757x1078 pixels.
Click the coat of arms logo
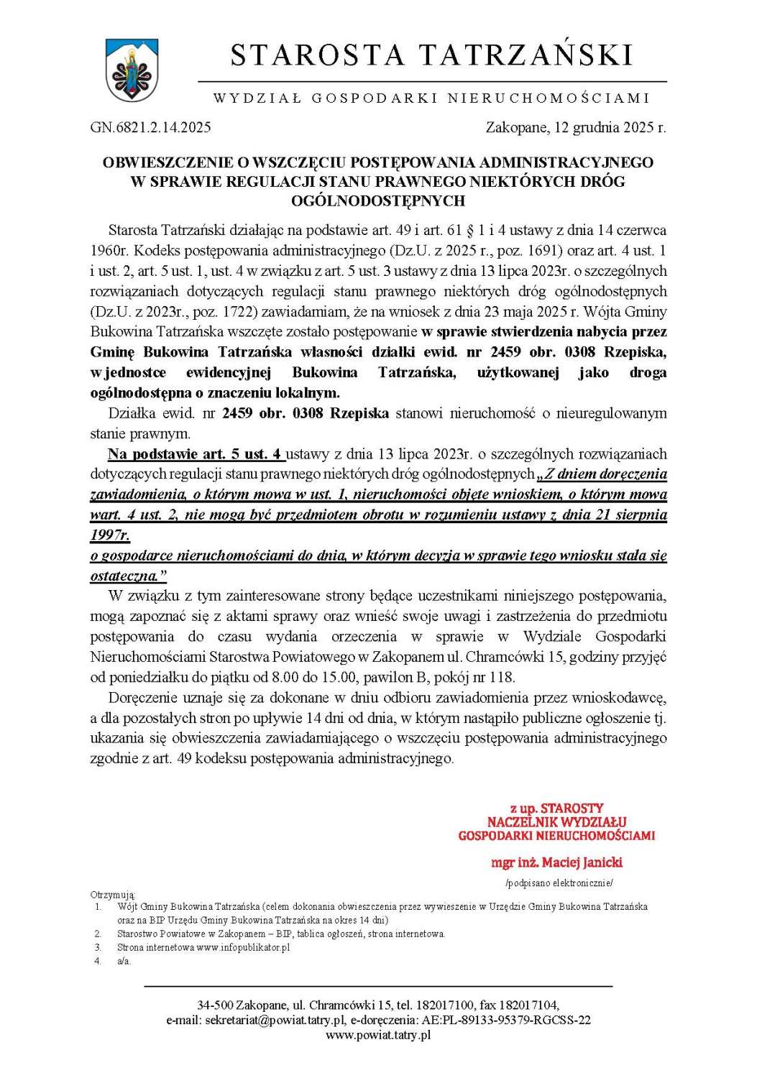(x=132, y=70)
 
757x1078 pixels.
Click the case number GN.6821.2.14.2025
(x=150, y=128)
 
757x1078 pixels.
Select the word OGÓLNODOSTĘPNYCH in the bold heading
(x=377, y=201)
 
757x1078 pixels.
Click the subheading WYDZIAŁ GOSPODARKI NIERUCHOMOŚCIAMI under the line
(x=431, y=98)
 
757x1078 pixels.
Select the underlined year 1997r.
(x=110, y=535)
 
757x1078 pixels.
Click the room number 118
(x=500, y=677)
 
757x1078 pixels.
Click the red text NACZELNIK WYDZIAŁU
(x=556, y=821)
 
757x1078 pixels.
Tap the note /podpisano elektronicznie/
(x=559, y=883)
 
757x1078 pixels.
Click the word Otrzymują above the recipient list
(x=112, y=895)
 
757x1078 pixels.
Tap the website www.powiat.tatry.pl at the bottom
(x=378, y=1035)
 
